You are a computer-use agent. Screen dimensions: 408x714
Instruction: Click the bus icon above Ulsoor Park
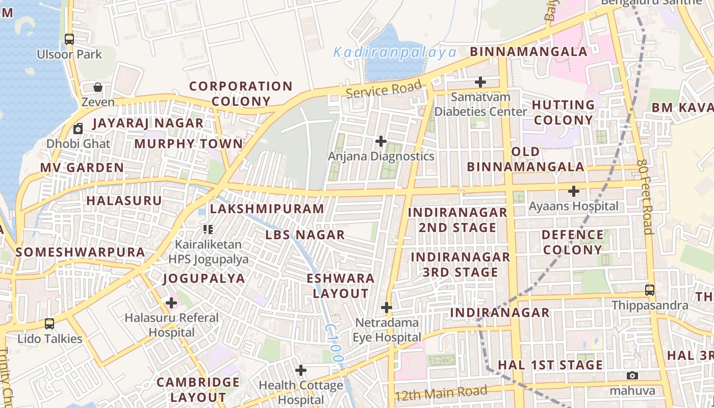(x=69, y=39)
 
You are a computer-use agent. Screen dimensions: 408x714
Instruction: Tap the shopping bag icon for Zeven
(x=98, y=87)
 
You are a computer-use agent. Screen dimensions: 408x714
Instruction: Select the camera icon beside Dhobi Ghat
(x=78, y=129)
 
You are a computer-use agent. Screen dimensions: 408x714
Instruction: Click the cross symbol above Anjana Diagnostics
(x=380, y=141)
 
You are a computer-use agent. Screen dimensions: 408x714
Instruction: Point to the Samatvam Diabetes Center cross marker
(x=480, y=82)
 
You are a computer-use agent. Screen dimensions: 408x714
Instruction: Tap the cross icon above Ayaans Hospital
(x=574, y=191)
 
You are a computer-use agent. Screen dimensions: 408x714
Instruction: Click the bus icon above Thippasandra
(x=649, y=290)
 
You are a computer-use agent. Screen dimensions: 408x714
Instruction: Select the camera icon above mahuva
(x=632, y=376)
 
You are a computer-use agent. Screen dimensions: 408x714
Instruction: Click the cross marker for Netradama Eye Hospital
(x=387, y=308)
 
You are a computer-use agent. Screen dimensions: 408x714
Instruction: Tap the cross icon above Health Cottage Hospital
(x=301, y=370)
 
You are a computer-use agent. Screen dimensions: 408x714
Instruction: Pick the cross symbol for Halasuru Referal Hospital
(x=171, y=303)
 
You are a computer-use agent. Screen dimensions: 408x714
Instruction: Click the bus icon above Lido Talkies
(x=49, y=323)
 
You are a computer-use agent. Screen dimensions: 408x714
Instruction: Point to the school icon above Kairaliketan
(x=208, y=229)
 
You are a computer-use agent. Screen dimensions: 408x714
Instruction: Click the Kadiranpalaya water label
(x=395, y=52)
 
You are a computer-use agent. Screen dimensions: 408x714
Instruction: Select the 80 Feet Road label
(x=645, y=197)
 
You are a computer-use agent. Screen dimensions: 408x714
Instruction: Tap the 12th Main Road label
(x=441, y=393)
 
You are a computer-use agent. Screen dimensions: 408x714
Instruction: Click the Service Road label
(x=384, y=89)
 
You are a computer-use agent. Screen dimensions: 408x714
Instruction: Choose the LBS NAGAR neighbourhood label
(x=305, y=235)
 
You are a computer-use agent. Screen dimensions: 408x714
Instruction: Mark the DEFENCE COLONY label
(x=572, y=242)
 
